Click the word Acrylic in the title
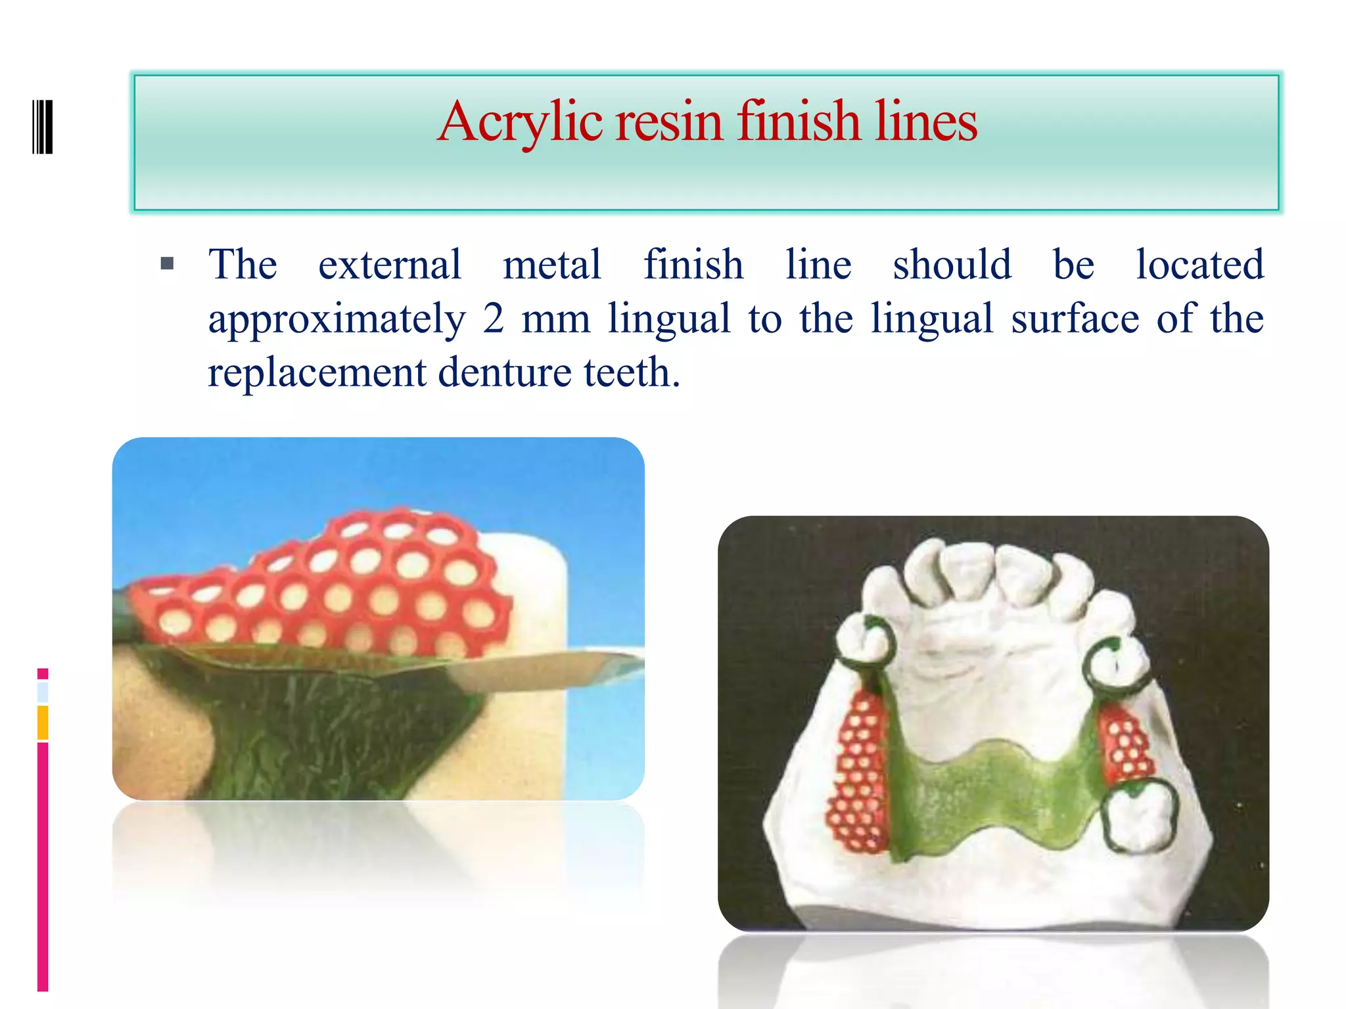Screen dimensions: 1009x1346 [x=520, y=122]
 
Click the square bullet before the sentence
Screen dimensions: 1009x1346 [x=167, y=264]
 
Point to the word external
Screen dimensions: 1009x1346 [x=390, y=265]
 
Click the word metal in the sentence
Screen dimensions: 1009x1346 [x=552, y=265]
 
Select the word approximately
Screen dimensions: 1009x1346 [x=336, y=320]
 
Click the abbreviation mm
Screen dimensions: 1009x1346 [x=556, y=320]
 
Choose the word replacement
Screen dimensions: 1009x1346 [x=317, y=373]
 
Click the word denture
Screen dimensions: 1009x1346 [x=505, y=372]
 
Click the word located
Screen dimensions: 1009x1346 [x=1200, y=265]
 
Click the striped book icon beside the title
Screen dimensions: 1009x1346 [x=42, y=126]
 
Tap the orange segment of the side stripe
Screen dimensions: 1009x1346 [x=43, y=722]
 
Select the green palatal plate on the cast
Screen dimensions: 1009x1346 [x=992, y=795]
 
